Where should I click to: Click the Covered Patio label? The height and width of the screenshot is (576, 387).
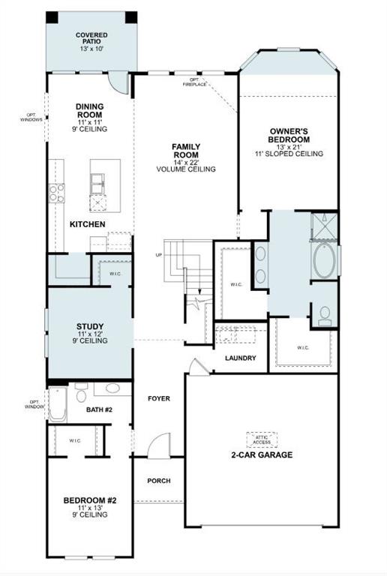point(91,41)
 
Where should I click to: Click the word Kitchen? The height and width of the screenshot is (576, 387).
point(88,224)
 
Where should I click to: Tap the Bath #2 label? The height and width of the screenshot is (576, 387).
point(98,409)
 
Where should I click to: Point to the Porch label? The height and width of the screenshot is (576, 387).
point(158,481)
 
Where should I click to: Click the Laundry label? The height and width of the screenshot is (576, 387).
point(241,358)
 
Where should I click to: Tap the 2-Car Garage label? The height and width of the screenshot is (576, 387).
point(262,454)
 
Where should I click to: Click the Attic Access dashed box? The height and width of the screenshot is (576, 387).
point(262,439)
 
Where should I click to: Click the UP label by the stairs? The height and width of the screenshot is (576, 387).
point(158,255)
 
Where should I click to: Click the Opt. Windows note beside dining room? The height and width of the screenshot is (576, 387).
point(31,118)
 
